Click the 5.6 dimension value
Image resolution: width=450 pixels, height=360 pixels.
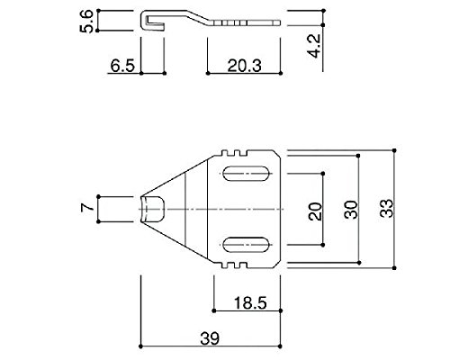click(86, 21)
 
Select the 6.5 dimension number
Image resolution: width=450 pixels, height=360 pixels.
click(122, 66)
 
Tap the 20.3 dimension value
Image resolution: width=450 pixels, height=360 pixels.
click(244, 66)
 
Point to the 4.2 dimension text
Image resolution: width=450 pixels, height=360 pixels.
click(315, 46)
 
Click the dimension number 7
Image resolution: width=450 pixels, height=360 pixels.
click(86, 208)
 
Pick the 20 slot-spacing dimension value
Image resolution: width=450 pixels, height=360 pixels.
click(315, 211)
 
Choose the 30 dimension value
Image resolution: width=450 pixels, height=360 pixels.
click(351, 210)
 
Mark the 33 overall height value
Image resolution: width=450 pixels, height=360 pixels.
click(386, 209)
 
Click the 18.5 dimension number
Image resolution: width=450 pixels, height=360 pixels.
click(250, 303)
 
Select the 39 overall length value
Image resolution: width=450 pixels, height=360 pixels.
click(210, 338)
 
